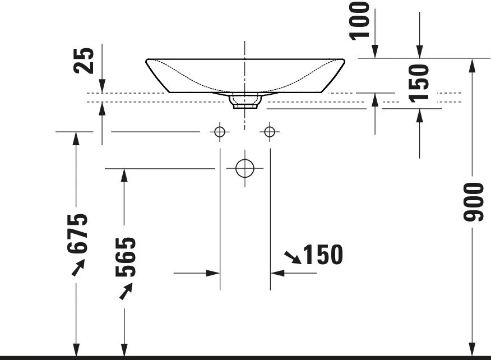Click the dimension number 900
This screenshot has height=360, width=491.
click(x=474, y=202)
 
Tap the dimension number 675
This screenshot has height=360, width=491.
click(x=77, y=233)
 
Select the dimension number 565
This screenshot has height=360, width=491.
click(x=126, y=257)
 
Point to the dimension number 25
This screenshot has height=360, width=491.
click(x=84, y=61)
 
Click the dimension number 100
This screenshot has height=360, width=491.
click(x=359, y=21)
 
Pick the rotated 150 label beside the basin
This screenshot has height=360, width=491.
click(x=419, y=83)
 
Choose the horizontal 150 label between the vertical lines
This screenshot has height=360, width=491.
click(x=323, y=255)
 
